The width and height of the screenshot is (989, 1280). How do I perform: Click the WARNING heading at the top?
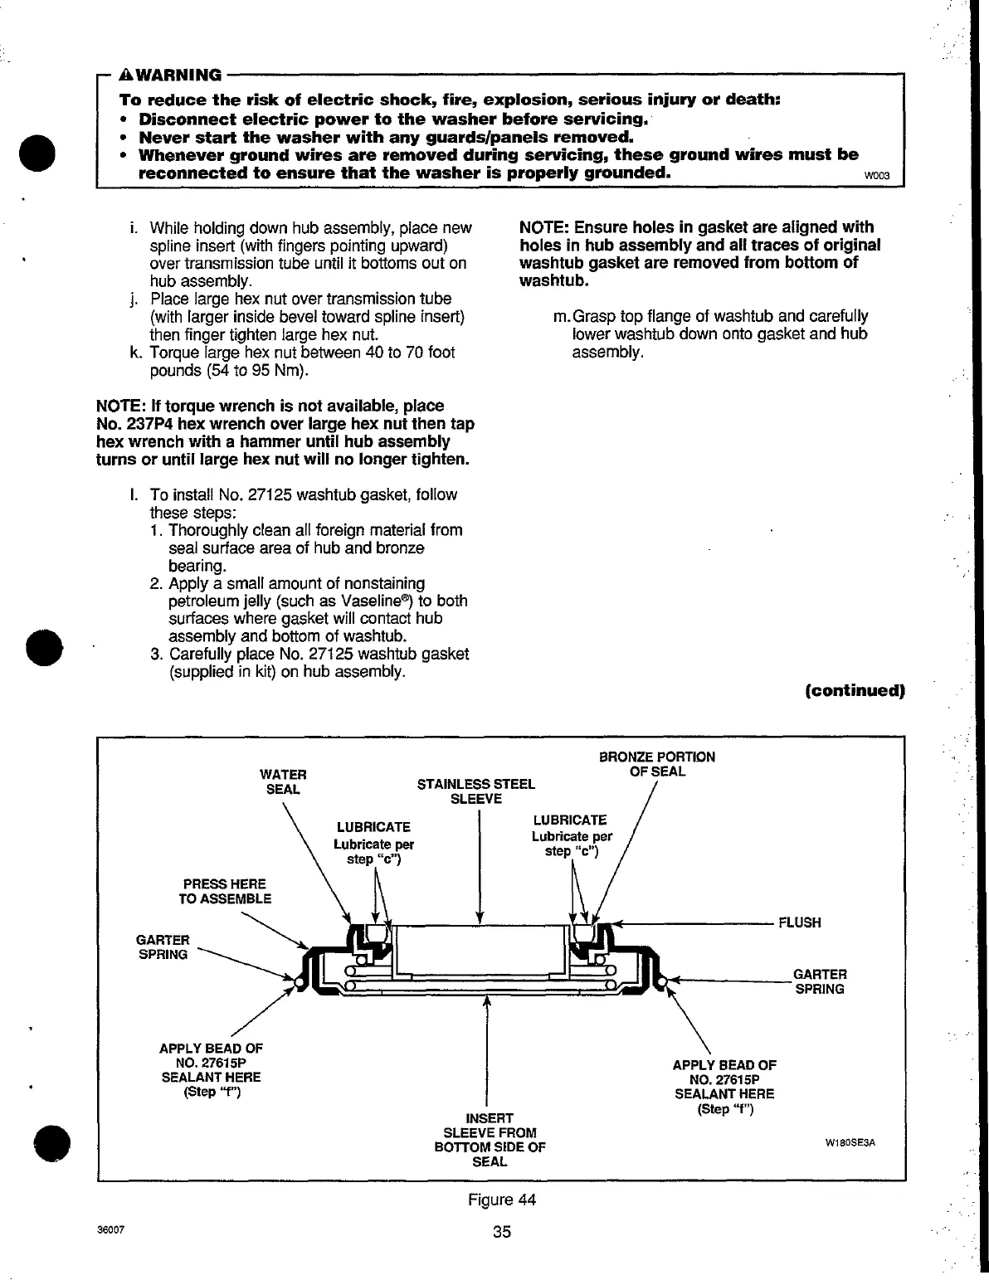[x=170, y=75]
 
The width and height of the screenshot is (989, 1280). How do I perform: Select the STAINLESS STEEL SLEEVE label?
[x=475, y=791]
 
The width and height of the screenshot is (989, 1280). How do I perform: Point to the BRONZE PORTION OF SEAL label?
[x=656, y=764]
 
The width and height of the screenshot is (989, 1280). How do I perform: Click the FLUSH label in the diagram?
[x=799, y=922]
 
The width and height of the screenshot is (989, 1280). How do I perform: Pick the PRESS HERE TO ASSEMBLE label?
[x=225, y=891]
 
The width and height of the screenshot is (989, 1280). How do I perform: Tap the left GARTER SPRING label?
[x=162, y=947]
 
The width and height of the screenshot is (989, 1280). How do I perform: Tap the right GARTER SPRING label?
[x=820, y=981]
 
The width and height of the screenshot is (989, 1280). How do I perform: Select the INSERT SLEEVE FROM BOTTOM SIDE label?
[x=490, y=1140]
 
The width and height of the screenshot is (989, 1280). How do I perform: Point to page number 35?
[x=501, y=1231]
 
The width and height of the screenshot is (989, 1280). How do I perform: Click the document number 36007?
[x=110, y=1229]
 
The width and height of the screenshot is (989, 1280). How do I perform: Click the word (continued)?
[x=854, y=690]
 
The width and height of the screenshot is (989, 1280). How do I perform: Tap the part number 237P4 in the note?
[x=148, y=424]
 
